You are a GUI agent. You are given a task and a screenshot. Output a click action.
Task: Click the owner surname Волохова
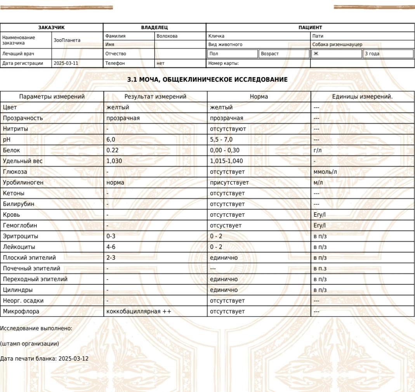click(x=167, y=36)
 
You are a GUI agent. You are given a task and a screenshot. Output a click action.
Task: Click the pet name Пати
click(x=317, y=36)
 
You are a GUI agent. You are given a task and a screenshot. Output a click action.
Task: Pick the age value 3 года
click(x=372, y=54)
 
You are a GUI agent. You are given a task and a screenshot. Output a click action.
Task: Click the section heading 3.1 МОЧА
click(x=207, y=79)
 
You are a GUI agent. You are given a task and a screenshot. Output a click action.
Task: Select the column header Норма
click(x=259, y=97)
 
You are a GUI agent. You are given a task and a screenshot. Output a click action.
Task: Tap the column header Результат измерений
click(x=155, y=97)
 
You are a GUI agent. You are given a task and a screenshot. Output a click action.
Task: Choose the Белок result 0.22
click(x=113, y=150)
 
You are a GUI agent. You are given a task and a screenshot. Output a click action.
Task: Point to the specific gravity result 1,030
click(x=114, y=161)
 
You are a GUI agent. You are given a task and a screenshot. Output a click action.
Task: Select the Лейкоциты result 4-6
click(x=111, y=247)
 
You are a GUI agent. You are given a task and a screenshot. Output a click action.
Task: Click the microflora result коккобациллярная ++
click(x=139, y=311)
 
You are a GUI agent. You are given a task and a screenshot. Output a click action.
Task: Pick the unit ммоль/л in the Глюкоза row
click(x=325, y=172)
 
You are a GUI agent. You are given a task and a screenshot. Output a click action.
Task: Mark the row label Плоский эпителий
click(x=29, y=257)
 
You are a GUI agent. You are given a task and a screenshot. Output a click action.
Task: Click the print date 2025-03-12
click(x=73, y=358)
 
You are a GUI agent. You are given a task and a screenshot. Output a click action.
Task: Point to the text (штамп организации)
click(x=30, y=344)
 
